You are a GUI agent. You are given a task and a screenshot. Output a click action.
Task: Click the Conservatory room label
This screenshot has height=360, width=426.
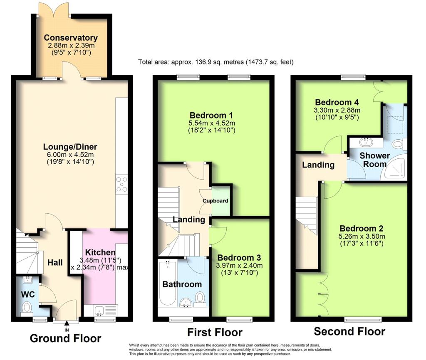coord(71,38)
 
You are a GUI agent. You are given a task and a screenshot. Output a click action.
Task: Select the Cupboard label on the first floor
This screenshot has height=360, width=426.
coord(215,201)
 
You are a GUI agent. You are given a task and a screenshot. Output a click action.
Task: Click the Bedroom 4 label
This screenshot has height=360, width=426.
coord(337,102)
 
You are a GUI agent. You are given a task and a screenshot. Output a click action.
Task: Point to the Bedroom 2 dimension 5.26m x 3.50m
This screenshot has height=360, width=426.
coord(362,237)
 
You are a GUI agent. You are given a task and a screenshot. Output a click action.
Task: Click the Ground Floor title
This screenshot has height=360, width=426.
coord(65,338)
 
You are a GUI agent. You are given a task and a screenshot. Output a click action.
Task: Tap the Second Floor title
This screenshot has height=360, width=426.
coord(349,331)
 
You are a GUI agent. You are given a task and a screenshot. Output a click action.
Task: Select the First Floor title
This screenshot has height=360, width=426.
coord(215,333)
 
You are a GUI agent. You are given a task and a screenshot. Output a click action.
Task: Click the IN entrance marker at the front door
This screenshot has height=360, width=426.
coord(67,330)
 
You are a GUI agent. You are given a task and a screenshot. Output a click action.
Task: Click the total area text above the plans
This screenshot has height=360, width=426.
coord(216,62)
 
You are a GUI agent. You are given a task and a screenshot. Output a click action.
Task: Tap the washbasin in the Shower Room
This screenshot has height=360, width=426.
coord(368,142)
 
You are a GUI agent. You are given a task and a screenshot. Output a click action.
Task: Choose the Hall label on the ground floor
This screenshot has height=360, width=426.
coord(55,262)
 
